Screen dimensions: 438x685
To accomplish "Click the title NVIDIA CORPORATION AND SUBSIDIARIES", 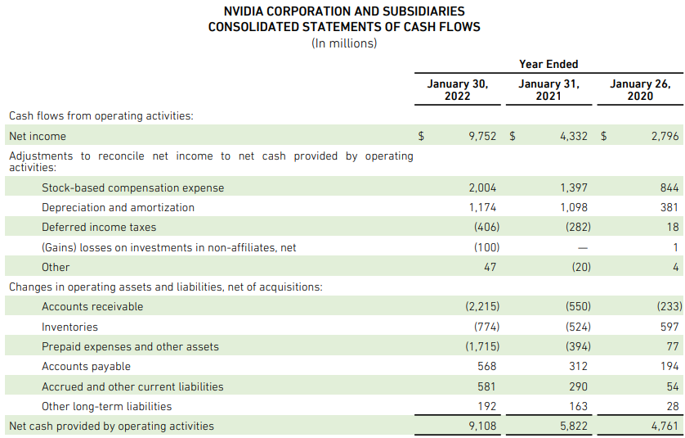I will pyautogui.click(x=344, y=11).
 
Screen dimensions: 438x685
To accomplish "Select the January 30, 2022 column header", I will pyautogui.click(x=458, y=89).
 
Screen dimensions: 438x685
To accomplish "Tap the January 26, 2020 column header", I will pyautogui.click(x=640, y=89).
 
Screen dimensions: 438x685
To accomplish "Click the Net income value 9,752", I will pyautogui.click(x=482, y=136).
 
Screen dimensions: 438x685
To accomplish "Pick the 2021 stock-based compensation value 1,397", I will pyautogui.click(x=574, y=187).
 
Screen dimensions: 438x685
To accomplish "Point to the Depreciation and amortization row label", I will pyautogui.click(x=119, y=207).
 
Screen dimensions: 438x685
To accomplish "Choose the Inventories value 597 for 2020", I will pyautogui.click(x=669, y=327).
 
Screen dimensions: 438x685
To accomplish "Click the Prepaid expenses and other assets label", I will pyautogui.click(x=131, y=346).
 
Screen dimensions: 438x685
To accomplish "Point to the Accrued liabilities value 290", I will pyautogui.click(x=577, y=386).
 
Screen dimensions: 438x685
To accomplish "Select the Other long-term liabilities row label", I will pyautogui.click(x=107, y=406).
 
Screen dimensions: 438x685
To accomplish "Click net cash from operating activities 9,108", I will pyautogui.click(x=482, y=426).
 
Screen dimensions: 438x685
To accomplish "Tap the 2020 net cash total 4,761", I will pyautogui.click(x=665, y=426).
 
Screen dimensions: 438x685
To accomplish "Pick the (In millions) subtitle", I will pyautogui.click(x=344, y=43).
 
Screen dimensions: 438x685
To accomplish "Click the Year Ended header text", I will pyautogui.click(x=548, y=64).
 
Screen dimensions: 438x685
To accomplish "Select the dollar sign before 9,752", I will pyautogui.click(x=421, y=136).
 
